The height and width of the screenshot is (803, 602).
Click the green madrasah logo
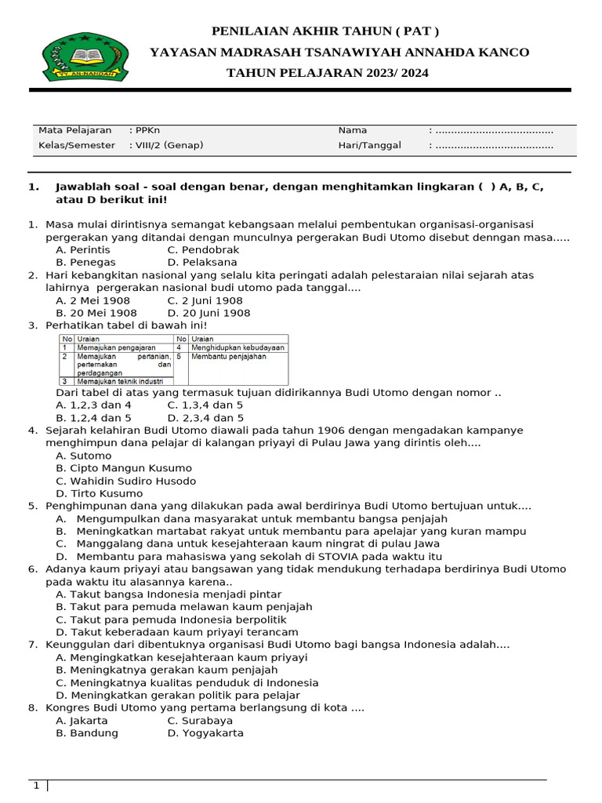coord(85,56)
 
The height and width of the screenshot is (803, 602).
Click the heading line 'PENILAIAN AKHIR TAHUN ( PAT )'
coord(325,31)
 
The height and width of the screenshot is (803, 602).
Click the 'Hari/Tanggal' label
coord(369,145)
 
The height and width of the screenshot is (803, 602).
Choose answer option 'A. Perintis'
coord(83,249)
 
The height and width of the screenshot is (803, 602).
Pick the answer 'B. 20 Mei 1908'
coord(96,313)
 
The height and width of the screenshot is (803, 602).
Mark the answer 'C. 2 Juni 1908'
coord(205,300)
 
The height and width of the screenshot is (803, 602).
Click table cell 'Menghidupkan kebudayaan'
coord(238,347)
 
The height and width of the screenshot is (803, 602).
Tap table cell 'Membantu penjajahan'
coord(228,357)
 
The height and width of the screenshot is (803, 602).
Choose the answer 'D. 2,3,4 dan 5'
coord(205,418)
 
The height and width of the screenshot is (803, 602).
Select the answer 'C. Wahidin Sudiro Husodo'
coord(125,481)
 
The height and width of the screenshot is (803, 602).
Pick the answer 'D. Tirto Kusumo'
coord(99,493)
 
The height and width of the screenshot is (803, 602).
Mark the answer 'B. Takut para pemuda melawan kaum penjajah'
coord(183,606)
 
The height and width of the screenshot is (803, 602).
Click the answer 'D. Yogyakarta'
coord(205,733)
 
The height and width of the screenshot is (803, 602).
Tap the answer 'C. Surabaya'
coord(200,721)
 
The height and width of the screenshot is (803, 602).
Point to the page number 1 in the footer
coord(36,786)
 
